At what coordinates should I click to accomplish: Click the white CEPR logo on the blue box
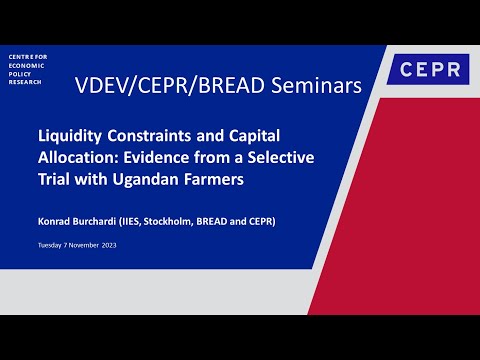coord(428,70)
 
